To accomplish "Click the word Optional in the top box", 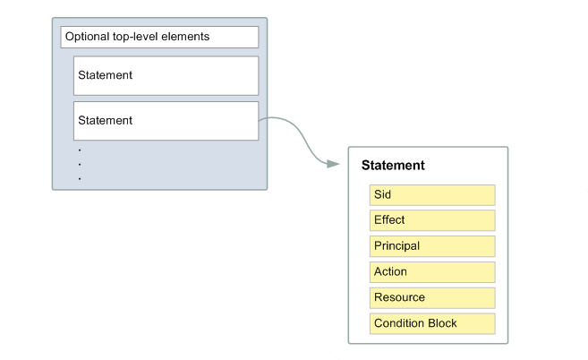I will click(x=88, y=38).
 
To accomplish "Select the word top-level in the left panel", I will click(x=138, y=38).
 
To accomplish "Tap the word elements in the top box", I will click(x=187, y=38).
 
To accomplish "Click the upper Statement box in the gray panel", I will click(x=166, y=75).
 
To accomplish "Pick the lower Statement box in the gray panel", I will click(x=166, y=120).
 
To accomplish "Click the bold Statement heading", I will click(x=392, y=166).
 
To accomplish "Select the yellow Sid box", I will click(x=431, y=194).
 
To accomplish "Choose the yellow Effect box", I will click(x=431, y=220).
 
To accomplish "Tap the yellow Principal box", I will click(x=431, y=246).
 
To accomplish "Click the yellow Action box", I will click(x=431, y=272).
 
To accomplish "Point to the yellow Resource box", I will click(x=431, y=297).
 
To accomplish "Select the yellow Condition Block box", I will click(x=431, y=323).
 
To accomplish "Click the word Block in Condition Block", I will click(x=441, y=323).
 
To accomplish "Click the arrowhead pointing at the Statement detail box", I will click(x=334, y=164).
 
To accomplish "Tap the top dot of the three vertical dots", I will click(x=80, y=150).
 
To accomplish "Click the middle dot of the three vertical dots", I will click(x=80, y=164).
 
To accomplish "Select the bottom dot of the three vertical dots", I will click(x=80, y=178).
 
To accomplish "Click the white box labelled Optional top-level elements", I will click(x=159, y=38).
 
